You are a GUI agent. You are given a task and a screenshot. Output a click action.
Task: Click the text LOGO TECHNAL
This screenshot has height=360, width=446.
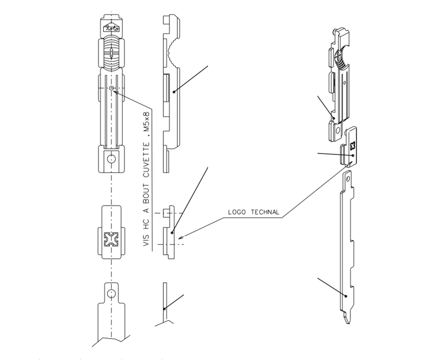(x=254, y=213)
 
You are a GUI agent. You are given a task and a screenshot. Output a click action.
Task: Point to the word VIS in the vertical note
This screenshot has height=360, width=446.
(x=146, y=240)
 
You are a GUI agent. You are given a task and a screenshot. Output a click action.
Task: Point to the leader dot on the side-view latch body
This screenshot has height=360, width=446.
(x=173, y=90)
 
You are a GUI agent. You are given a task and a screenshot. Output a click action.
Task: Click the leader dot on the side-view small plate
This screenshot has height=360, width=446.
(x=172, y=232)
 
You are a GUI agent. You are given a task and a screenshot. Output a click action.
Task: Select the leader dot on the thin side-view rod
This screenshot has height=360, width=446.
(x=165, y=309)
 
